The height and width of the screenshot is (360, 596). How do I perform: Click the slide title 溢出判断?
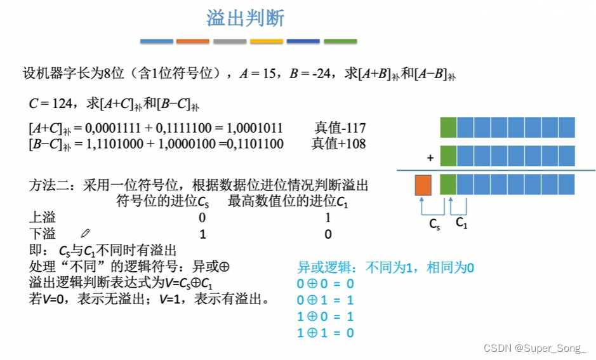[x=245, y=18]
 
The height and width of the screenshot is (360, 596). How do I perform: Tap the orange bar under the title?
[x=192, y=41]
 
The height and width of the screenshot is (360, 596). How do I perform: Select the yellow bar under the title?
[x=267, y=41]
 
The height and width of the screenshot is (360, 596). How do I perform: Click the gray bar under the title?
[x=230, y=41]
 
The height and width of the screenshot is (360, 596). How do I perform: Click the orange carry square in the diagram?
[x=423, y=184]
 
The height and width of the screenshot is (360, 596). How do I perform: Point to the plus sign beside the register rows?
[x=430, y=157]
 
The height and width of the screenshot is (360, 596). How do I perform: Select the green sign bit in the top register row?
[x=448, y=127]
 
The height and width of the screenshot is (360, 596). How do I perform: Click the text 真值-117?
[x=340, y=128]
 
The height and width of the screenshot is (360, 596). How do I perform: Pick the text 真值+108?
[x=338, y=143]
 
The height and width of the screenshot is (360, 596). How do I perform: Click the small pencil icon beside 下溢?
[x=86, y=234]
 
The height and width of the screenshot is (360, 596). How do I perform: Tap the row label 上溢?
[x=43, y=218]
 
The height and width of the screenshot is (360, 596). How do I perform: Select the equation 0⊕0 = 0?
[x=325, y=284]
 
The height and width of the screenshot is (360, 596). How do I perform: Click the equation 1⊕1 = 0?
[x=325, y=333]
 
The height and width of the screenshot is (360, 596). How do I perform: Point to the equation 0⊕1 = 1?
[x=325, y=300]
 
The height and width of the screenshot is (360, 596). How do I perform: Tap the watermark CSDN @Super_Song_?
[x=534, y=348]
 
